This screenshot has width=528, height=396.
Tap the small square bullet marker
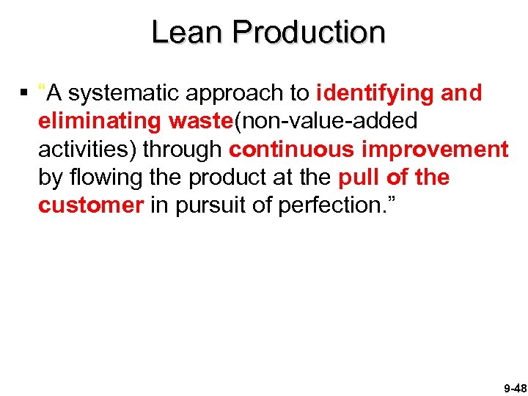pyautogui.click(x=25, y=93)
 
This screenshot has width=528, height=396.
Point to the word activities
pyautogui.click(x=87, y=150)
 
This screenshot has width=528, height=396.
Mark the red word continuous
pyautogui.click(x=294, y=150)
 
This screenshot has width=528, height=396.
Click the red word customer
pyautogui.click(x=91, y=206)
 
